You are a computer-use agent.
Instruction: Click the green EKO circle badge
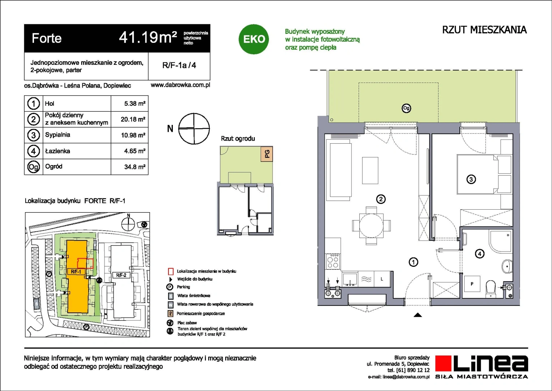[254, 39]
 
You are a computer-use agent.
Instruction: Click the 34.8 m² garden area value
[134, 167]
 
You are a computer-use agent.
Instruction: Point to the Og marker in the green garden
[406, 108]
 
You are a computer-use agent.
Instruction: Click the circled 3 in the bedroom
[471, 179]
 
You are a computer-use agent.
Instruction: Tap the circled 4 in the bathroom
[480, 254]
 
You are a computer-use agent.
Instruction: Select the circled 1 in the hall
[413, 262]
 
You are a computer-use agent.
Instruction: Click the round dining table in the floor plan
[371, 225]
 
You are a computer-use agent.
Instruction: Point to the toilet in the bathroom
[491, 288]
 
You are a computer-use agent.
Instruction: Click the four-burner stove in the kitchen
[333, 262]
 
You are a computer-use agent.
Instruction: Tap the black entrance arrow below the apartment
[418, 315]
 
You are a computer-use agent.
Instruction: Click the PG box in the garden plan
[267, 154]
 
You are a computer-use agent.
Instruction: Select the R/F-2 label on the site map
[121, 275]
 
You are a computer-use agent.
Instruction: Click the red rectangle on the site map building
[85, 264]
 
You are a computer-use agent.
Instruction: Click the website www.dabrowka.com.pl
[180, 85]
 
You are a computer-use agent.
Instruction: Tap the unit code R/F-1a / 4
[179, 65]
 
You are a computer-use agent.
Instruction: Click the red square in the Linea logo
[443, 363]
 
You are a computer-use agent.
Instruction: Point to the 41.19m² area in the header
[148, 38]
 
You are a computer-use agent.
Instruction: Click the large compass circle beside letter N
[194, 129]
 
